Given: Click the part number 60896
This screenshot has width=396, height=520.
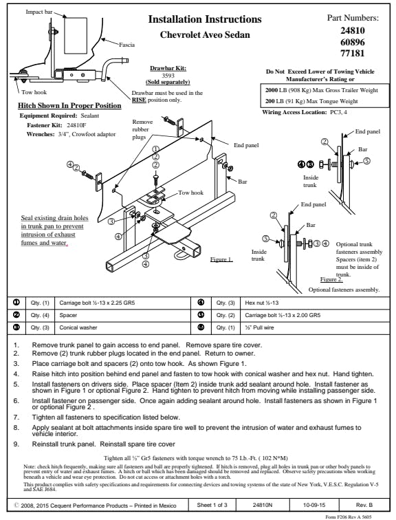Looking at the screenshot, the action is (x=353, y=42).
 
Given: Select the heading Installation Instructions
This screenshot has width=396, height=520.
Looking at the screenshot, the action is (x=205, y=19).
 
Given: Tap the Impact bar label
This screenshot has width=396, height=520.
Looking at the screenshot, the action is (x=39, y=12).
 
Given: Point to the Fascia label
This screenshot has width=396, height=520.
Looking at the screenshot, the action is (x=127, y=45).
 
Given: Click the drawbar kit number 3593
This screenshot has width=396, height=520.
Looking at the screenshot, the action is (x=168, y=75).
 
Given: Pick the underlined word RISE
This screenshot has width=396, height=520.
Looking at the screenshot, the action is (x=139, y=100).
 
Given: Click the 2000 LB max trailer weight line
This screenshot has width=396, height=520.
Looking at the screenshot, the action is (x=322, y=90).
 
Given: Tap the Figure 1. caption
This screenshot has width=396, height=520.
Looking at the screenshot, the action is (x=221, y=259).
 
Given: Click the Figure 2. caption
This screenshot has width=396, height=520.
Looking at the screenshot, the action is (x=331, y=279).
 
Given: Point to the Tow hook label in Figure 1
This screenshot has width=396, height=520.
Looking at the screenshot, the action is (x=191, y=193).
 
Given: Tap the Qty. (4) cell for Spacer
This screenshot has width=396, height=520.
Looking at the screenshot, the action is (x=40, y=315).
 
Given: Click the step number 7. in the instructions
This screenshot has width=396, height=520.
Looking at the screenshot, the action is (x=16, y=418).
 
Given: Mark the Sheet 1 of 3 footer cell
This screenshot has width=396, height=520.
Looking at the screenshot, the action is (x=212, y=505).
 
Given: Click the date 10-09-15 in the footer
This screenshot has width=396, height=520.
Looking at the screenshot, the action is (x=314, y=505).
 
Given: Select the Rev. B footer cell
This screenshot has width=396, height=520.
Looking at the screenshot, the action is (x=364, y=505).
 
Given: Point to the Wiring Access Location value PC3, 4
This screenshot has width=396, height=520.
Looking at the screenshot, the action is (x=338, y=112).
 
